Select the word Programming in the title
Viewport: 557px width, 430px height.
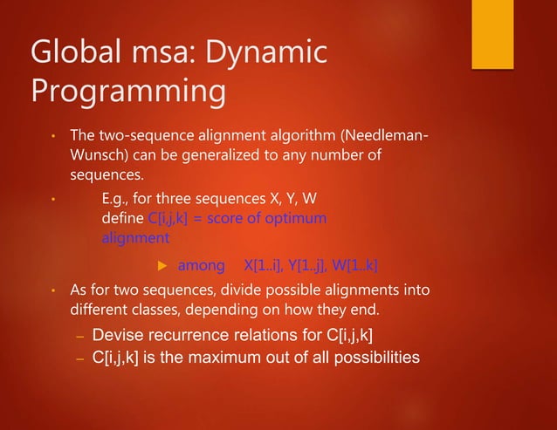click(x=127, y=92)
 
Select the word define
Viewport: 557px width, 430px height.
click(x=119, y=217)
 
